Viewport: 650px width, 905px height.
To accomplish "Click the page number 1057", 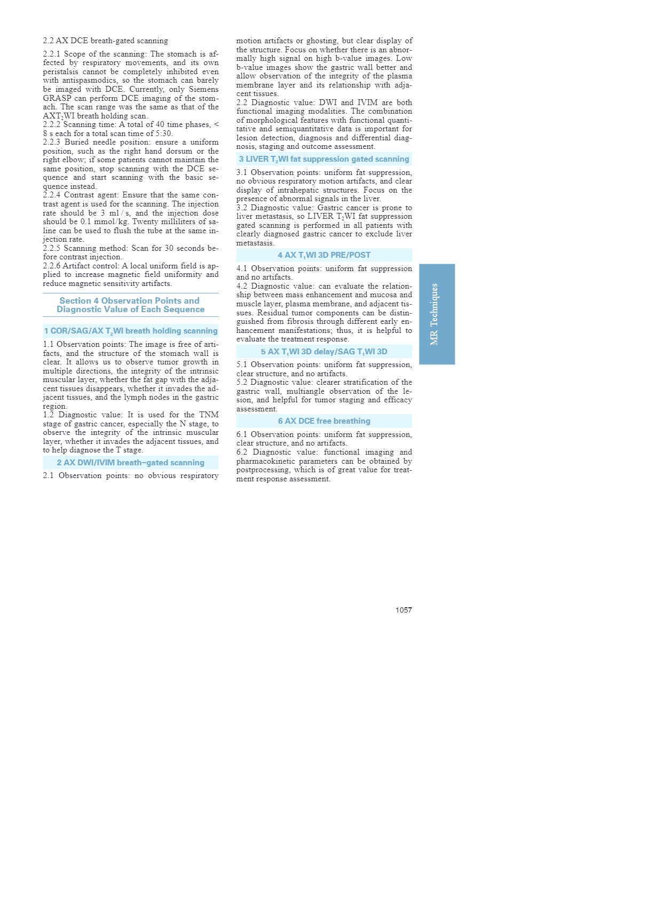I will coord(403,610).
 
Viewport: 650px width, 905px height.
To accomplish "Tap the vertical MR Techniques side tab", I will coord(437,314).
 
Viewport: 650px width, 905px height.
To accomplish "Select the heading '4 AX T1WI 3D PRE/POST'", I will coord(324,255).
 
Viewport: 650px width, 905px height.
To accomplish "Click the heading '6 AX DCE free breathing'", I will coord(324,421).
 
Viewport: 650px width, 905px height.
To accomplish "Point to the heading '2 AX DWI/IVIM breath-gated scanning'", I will coord(131,463).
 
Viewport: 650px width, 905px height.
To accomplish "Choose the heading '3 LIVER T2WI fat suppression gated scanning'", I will coord(324,159).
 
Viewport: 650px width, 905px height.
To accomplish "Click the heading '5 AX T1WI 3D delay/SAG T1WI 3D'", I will coord(324,352).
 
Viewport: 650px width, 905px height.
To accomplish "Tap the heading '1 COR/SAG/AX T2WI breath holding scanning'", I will coord(131,331).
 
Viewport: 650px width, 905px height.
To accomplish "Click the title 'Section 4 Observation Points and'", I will coord(130,301).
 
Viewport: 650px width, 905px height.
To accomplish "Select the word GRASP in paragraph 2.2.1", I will coord(56,98).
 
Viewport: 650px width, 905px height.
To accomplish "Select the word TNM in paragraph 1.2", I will coord(209,415).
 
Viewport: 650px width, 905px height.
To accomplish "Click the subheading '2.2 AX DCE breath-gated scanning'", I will coord(105,41).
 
